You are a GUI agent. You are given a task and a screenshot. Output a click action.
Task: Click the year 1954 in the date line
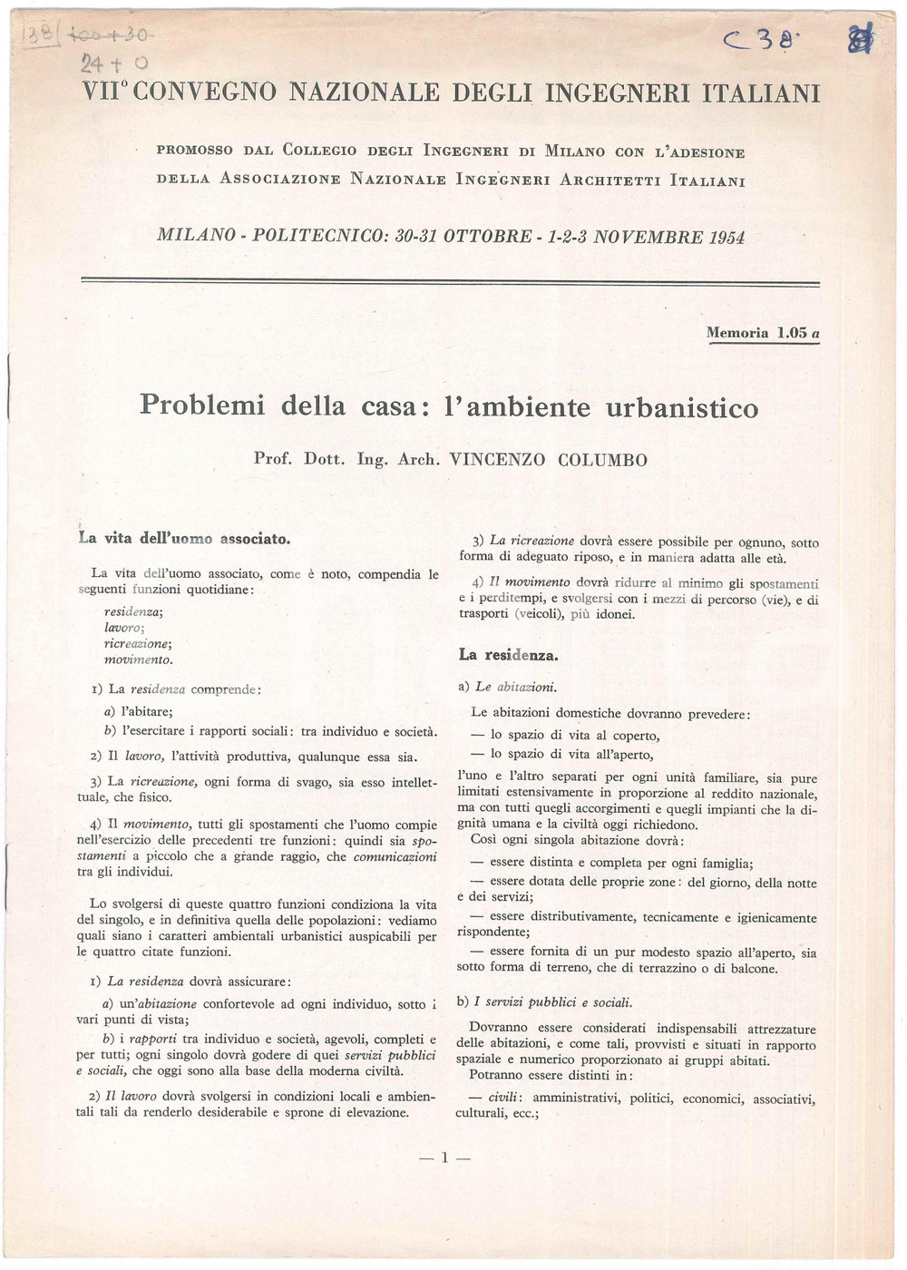(x=723, y=238)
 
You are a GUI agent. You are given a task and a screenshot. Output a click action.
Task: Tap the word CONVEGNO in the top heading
(x=201, y=93)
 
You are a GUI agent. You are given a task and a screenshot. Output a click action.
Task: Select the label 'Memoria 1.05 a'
(x=763, y=333)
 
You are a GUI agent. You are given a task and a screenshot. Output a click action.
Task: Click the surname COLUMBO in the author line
(x=602, y=460)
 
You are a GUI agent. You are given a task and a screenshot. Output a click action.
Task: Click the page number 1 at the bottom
(x=444, y=1158)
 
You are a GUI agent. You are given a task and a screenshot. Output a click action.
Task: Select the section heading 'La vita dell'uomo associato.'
(x=184, y=539)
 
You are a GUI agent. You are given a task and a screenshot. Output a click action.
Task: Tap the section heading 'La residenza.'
(x=508, y=654)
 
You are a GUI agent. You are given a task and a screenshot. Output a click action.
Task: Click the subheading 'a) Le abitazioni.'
(x=508, y=687)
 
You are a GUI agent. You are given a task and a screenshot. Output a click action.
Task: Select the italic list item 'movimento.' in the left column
(x=138, y=659)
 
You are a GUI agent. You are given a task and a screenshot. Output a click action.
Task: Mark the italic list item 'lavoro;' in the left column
(x=125, y=627)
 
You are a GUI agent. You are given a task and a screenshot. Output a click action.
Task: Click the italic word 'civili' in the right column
(x=504, y=1099)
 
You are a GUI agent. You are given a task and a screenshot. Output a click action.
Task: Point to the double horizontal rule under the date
(x=450, y=282)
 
